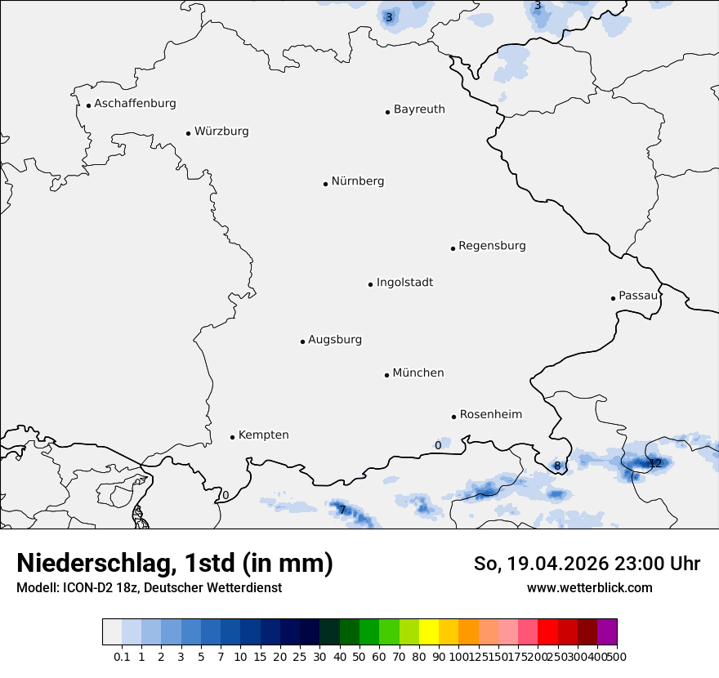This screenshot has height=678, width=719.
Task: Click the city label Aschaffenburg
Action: (135, 104)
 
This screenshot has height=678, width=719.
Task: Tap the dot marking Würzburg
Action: (188, 133)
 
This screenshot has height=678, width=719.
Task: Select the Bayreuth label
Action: (419, 109)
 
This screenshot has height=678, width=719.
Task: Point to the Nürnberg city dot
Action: (325, 184)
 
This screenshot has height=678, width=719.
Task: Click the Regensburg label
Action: (492, 246)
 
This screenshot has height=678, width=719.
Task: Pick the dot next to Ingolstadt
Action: (370, 284)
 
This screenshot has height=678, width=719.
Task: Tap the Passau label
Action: (638, 296)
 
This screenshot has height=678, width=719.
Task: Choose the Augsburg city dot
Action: (302, 341)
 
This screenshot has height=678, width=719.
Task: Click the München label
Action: (418, 373)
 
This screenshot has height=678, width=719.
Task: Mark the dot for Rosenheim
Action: (453, 417)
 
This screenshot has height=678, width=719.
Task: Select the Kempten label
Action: (263, 435)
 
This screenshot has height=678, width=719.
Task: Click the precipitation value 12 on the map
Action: (655, 464)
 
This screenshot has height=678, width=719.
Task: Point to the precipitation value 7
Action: (342, 511)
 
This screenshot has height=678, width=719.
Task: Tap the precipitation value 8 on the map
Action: (557, 466)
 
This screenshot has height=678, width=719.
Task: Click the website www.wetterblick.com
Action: (589, 588)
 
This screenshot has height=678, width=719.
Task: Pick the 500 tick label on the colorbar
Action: (618, 657)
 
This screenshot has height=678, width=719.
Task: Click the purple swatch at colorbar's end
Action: (607, 632)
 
